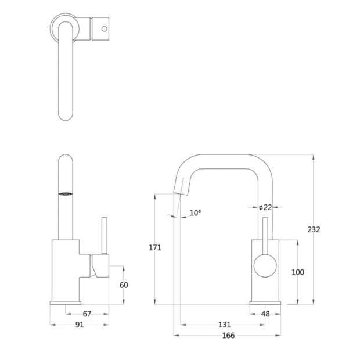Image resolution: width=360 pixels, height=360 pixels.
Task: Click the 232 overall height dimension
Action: tap(314, 229)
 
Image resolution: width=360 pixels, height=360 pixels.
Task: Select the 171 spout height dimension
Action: tap(155, 247)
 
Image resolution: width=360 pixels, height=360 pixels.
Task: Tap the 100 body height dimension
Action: tap(298, 272)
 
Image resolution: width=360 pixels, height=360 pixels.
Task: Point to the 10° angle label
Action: tap(195, 213)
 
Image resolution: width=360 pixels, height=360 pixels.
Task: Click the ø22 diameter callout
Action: tap(265, 207)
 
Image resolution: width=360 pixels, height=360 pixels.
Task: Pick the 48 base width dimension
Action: tap(265, 314)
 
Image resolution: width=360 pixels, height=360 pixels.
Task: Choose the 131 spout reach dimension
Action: tap(224, 325)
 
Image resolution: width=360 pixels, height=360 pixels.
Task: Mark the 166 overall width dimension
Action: tap(228, 336)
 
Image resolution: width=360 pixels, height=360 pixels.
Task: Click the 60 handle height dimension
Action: tap(124, 285)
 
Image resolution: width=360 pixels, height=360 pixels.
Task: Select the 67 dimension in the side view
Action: tap(87, 314)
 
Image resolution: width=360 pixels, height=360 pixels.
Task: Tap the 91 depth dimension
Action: tap(80, 325)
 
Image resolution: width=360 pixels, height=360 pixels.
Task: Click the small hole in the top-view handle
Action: tap(105, 29)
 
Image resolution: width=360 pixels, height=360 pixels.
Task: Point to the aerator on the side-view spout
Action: tap(66, 194)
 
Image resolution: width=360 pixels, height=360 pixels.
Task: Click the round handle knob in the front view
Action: tap(265, 265)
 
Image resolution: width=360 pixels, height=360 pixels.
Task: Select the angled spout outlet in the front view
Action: tap(181, 186)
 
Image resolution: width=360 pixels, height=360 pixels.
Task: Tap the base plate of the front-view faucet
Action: tap(265, 303)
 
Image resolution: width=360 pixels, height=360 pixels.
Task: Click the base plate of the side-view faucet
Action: tap(66, 303)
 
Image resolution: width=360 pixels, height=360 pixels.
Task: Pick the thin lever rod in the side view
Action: tap(105, 236)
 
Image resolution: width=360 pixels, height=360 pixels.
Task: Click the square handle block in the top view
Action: tap(100, 29)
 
